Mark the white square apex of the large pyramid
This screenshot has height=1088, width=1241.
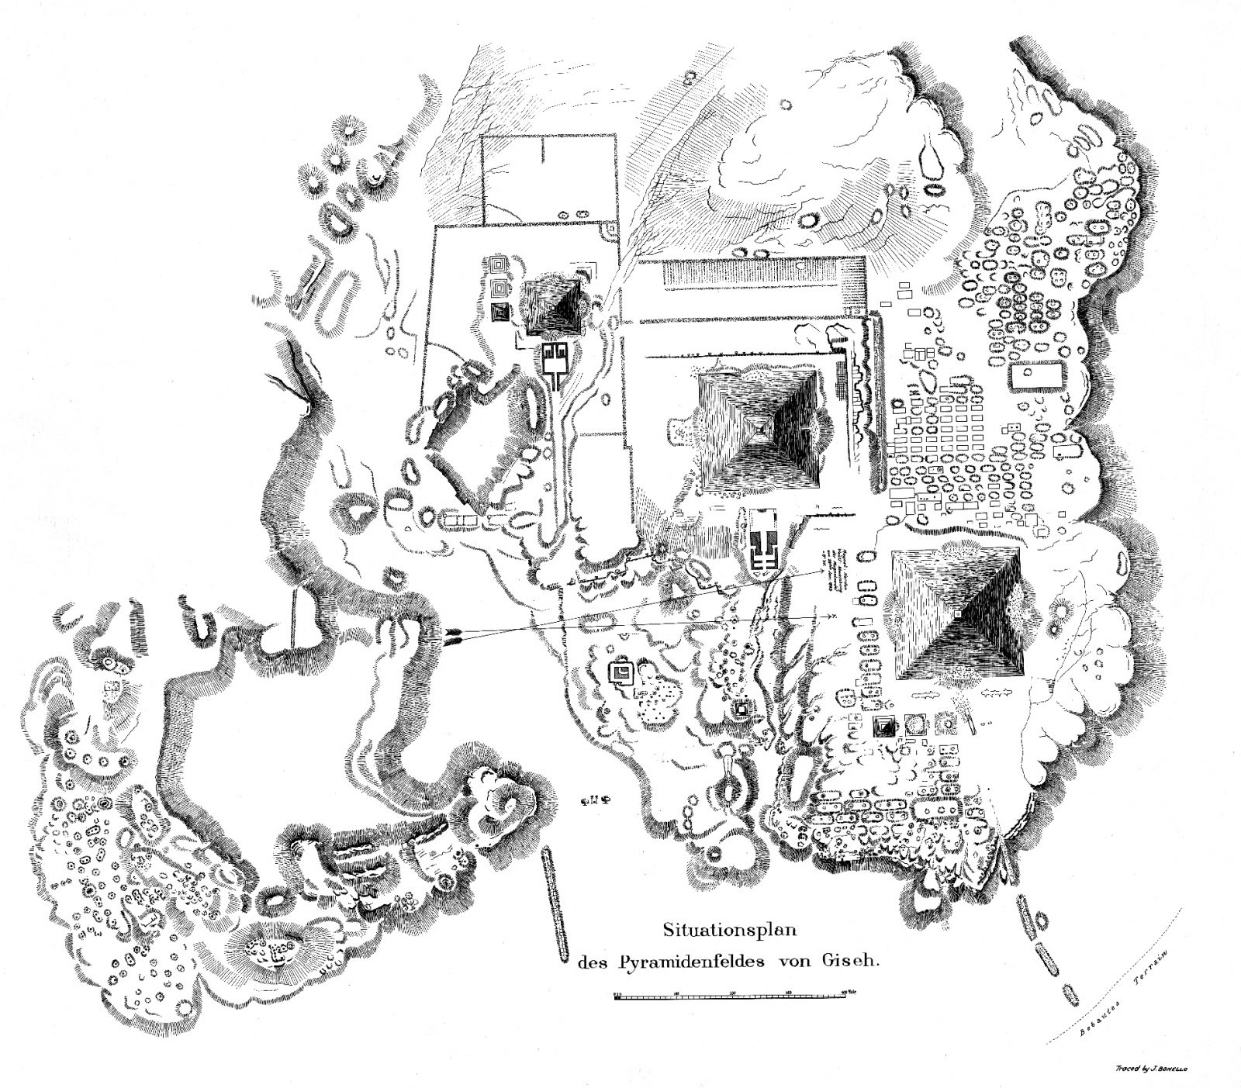click(x=959, y=613)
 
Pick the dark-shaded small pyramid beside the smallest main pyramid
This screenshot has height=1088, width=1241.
click(x=500, y=312)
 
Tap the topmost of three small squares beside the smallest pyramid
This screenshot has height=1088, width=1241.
click(x=500, y=265)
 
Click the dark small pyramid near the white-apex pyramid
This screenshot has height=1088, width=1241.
click(x=885, y=725)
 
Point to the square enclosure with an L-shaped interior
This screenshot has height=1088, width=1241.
click(x=621, y=672)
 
